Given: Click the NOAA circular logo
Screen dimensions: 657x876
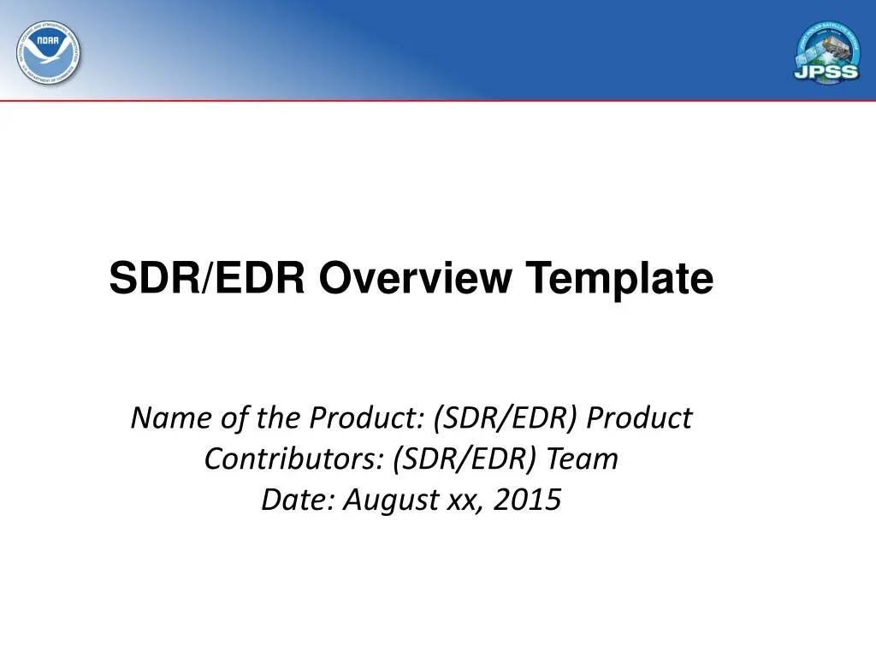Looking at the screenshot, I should (49, 52).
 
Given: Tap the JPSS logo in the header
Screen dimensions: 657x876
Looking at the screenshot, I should (827, 52).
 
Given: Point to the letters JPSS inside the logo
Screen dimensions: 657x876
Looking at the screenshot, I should (827, 71).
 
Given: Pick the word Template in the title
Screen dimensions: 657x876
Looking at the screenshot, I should (619, 279).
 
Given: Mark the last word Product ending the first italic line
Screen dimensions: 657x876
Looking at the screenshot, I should (641, 418).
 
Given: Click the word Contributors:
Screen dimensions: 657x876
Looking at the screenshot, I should (294, 459).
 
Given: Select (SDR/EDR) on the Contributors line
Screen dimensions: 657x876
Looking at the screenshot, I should (465, 459).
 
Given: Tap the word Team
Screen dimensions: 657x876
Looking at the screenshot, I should (583, 459).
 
